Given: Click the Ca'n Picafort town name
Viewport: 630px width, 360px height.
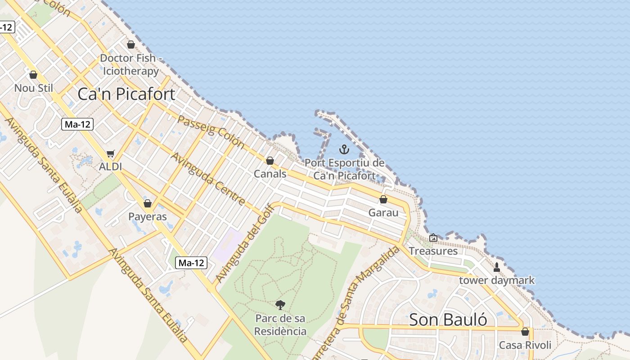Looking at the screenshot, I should click(x=126, y=94).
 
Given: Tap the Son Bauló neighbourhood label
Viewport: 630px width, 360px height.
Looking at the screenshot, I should click(x=448, y=319).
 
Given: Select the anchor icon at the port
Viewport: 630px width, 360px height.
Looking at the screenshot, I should click(x=344, y=149).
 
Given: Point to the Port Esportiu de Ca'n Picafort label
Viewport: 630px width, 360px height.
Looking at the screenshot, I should click(x=344, y=169).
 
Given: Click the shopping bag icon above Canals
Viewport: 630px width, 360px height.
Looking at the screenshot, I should click(x=270, y=161).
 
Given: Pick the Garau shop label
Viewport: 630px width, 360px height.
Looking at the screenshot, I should click(x=383, y=212).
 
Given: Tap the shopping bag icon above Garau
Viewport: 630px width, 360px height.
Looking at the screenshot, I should click(x=383, y=199).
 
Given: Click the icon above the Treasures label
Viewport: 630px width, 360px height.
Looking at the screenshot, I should click(x=433, y=238).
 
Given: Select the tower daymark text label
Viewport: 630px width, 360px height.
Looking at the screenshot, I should click(x=497, y=280).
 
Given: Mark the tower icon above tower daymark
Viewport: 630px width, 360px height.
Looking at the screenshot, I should click(x=497, y=267).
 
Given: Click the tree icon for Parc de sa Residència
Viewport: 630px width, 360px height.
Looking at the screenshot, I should click(x=280, y=305).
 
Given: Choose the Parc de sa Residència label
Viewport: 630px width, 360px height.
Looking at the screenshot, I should click(x=280, y=325).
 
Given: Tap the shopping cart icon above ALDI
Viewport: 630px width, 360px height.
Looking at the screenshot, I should click(x=111, y=153).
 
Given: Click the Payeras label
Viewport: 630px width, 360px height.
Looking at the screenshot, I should click(x=148, y=216).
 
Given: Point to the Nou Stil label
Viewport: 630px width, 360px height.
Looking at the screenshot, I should click(x=33, y=88).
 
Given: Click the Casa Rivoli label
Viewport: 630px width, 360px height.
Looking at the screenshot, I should click(x=525, y=345).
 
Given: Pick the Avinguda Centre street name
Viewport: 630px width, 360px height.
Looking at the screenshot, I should click(x=208, y=179).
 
